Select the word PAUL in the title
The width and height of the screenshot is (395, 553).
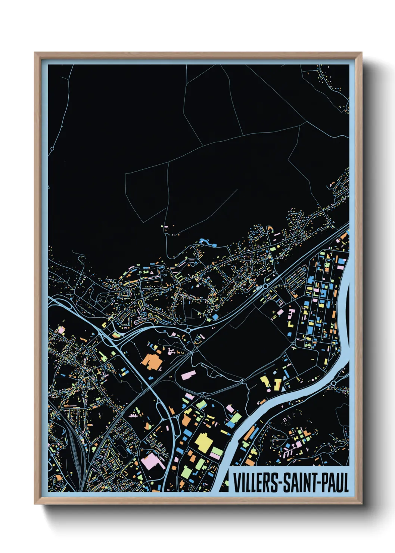click(x=335, y=482)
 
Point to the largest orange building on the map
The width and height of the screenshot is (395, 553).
click(x=151, y=361)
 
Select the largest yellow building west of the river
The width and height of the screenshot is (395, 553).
click(x=204, y=442)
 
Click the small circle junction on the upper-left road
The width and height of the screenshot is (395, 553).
click(x=52, y=148)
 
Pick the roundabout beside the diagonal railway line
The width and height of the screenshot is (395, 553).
click(x=265, y=286)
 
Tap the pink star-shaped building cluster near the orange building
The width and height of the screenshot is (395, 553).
click(x=172, y=350)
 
